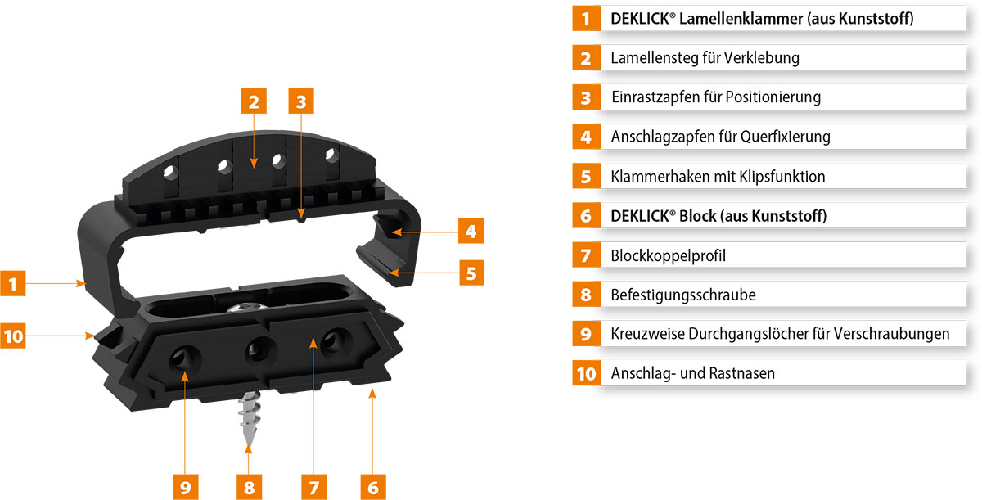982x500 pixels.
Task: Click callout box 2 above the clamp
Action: (x=254, y=101)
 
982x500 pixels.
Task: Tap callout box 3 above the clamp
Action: (x=301, y=101)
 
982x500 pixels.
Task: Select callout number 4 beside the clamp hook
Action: (x=471, y=231)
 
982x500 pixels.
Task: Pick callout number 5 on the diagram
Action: (x=471, y=273)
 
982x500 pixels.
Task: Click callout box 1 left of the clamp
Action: (x=13, y=283)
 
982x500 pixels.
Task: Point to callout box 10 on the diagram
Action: (x=13, y=336)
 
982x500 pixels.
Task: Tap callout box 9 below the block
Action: (x=186, y=487)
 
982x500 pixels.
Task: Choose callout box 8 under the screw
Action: (x=249, y=487)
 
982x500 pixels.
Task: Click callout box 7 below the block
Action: (x=314, y=487)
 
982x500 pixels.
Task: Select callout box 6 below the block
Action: (x=373, y=487)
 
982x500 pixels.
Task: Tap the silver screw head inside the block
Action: (x=247, y=307)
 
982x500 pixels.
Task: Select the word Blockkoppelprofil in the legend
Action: (x=668, y=255)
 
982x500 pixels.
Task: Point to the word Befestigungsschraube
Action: (x=683, y=295)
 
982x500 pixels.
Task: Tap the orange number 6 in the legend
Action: (x=586, y=216)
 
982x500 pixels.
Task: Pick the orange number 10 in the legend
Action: (x=586, y=374)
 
